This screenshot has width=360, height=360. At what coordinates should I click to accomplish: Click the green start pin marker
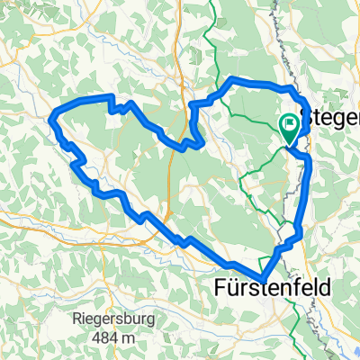click(x=291, y=130)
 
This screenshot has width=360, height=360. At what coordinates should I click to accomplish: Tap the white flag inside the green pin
click(x=291, y=126)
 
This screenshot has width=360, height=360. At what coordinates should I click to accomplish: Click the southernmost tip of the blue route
click(x=262, y=280)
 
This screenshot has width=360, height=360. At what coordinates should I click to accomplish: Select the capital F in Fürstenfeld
click(x=221, y=287)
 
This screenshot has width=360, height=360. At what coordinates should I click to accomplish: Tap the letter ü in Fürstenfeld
click(x=236, y=287)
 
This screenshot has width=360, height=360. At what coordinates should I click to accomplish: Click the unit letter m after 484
click(x=125, y=337)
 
